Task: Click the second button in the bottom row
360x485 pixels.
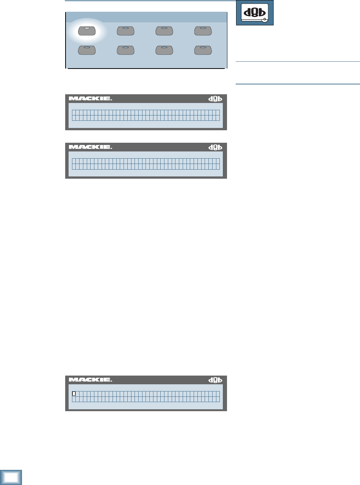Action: (x=125, y=50)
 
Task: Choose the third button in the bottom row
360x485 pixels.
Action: (x=164, y=50)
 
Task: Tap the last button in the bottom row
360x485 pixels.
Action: (x=203, y=50)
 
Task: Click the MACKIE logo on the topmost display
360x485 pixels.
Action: (x=91, y=99)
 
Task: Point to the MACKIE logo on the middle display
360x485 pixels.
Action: (x=91, y=147)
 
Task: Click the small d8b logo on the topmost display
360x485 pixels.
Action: (x=215, y=99)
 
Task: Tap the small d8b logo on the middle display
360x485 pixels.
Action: (x=215, y=147)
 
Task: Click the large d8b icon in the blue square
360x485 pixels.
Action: (x=255, y=12)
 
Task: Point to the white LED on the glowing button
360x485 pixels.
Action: (x=87, y=29)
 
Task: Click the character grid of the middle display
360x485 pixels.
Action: (x=146, y=164)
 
